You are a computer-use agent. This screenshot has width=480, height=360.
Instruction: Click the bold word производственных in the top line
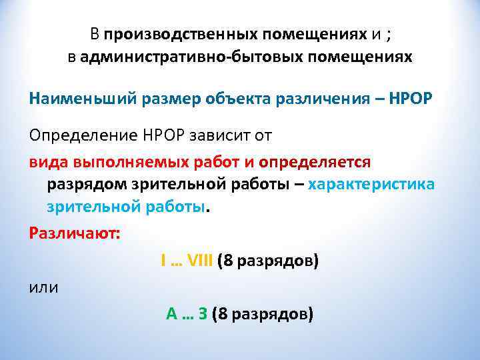pyautogui.click(x=178, y=33)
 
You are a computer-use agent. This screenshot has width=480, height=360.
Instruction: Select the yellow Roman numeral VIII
pyautogui.click(x=199, y=261)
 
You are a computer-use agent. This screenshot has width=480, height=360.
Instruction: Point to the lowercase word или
pyautogui.click(x=43, y=287)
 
